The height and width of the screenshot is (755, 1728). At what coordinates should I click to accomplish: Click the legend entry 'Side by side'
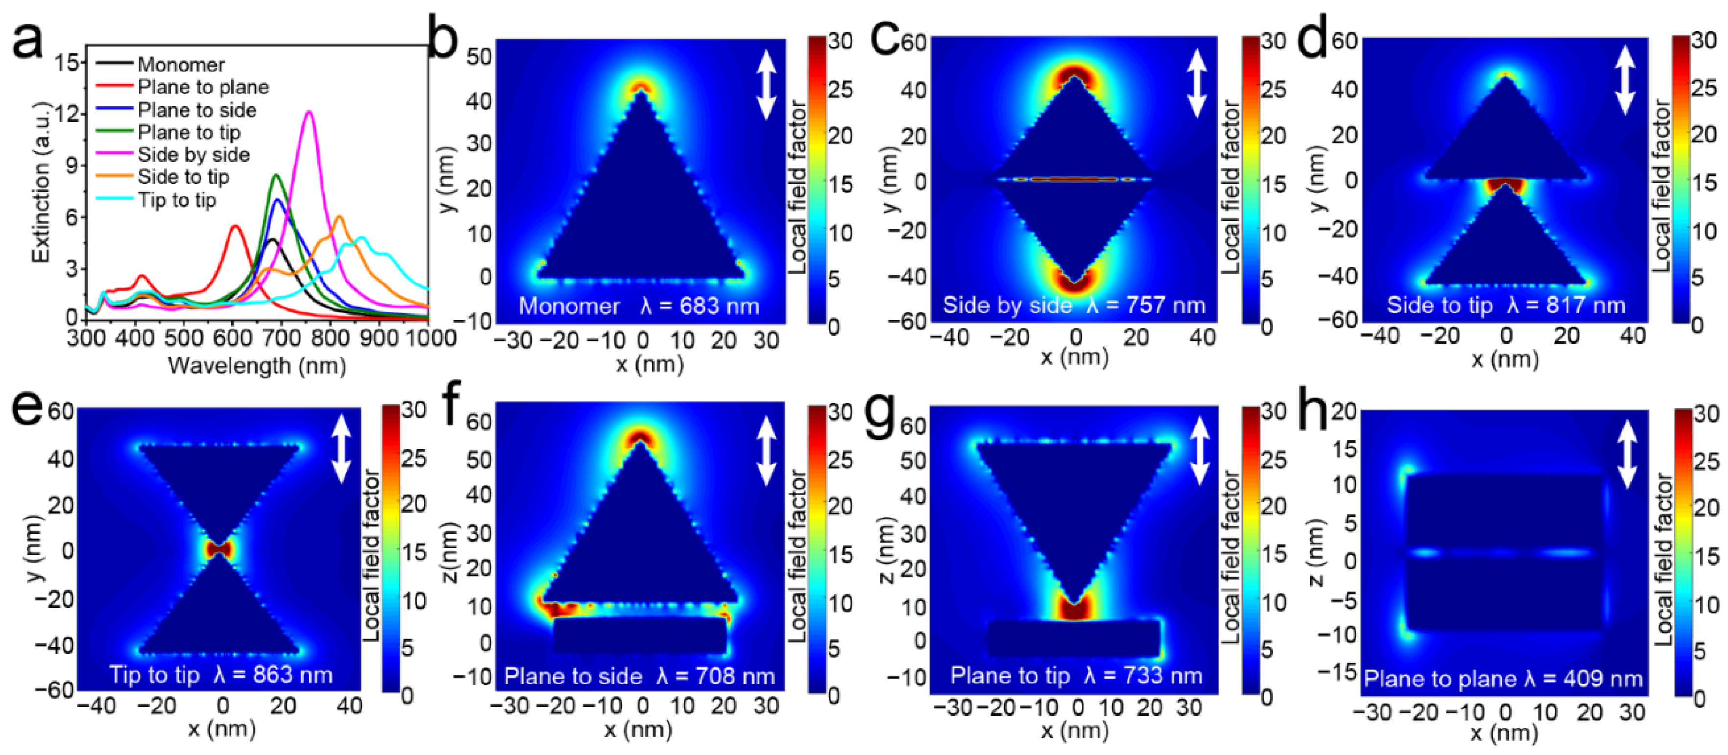193,155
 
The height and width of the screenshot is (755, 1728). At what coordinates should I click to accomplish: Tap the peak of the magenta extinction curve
309,112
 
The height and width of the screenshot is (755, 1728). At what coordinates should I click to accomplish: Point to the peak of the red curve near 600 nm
235,226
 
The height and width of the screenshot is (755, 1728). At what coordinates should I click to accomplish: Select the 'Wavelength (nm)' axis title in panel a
257,366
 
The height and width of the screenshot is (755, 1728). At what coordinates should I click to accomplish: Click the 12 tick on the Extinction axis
67,114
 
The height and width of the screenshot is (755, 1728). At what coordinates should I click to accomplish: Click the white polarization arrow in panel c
1197,83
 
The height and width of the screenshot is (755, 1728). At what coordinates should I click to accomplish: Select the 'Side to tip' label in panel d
1440,306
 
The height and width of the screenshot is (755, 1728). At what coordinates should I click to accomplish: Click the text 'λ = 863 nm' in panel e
273,675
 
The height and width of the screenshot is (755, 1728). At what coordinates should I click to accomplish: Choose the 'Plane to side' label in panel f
573,677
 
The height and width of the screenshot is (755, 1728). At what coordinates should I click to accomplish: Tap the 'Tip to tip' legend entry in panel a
177,200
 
